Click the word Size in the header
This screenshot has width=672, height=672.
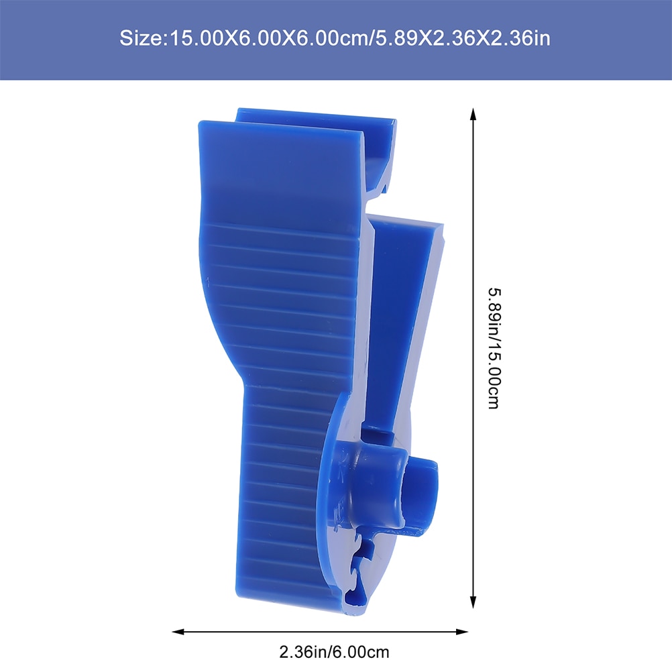click(x=140, y=39)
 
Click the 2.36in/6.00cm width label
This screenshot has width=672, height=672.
click(x=334, y=651)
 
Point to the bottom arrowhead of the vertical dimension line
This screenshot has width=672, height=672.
click(x=473, y=602)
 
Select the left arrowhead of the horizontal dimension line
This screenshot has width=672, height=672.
click(x=178, y=631)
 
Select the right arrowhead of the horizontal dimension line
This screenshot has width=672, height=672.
click(x=462, y=631)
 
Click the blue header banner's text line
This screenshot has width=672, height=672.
click(x=335, y=39)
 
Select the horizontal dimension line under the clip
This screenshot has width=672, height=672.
click(x=321, y=631)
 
